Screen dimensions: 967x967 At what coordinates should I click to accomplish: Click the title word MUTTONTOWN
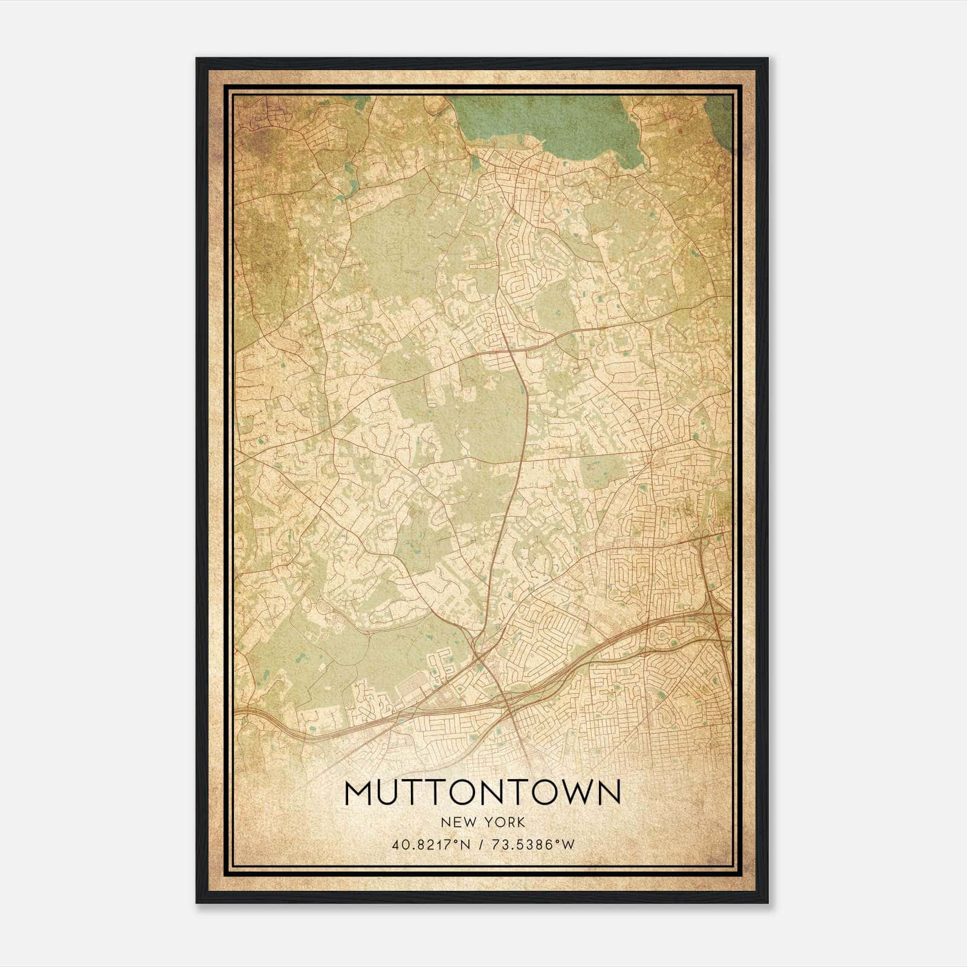tap(482, 793)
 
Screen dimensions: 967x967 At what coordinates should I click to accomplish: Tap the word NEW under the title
tap(457, 823)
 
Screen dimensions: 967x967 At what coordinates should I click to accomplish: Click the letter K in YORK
tap(520, 823)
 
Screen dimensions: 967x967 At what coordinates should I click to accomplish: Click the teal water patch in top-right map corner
tap(719, 118)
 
